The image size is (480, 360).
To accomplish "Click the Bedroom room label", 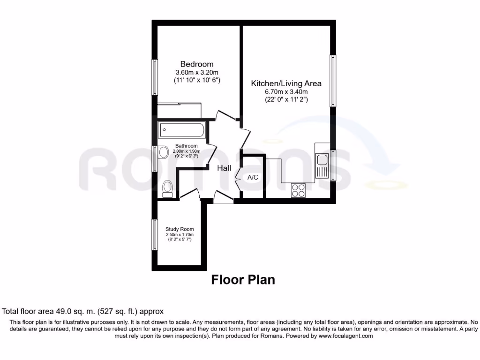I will [197, 64].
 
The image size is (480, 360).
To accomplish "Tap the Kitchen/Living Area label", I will [286, 83].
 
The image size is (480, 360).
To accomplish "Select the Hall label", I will [224, 168].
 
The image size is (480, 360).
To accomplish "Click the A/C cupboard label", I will [253, 178].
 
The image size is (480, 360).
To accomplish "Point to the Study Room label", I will [180, 229].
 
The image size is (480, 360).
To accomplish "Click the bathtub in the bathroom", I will [182, 130].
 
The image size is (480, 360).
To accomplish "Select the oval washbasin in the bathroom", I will [163, 152].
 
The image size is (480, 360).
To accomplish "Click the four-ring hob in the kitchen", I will [298, 190].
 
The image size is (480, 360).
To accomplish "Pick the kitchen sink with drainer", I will [322, 165].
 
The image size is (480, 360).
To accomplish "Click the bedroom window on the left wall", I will [154, 77].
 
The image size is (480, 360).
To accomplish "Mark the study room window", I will [154, 234].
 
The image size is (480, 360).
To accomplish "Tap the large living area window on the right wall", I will [332, 81].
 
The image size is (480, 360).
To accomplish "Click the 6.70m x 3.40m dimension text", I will [286, 92].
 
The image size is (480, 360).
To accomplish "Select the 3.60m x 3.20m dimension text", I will [197, 73].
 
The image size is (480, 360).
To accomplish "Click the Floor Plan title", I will [243, 280].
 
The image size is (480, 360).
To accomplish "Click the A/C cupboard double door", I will [239, 178].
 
